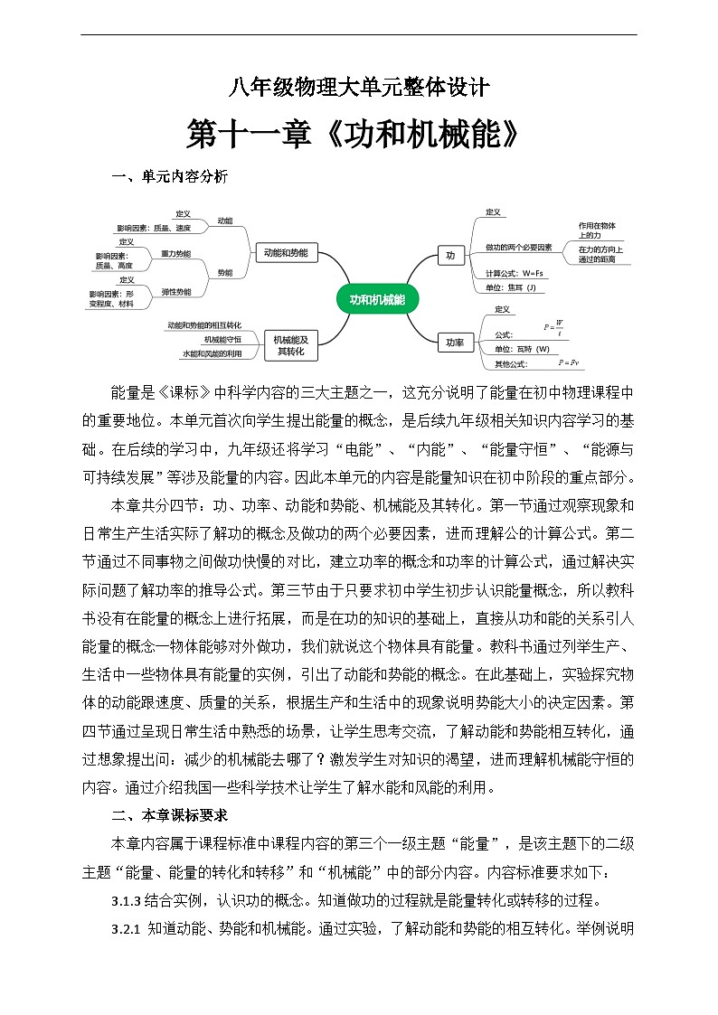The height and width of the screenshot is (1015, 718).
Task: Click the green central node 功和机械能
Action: click(x=377, y=299)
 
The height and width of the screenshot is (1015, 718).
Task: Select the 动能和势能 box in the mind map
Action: click(x=286, y=253)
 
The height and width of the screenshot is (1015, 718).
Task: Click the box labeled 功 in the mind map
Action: click(x=449, y=256)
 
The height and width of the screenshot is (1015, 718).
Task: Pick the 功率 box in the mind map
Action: click(x=454, y=343)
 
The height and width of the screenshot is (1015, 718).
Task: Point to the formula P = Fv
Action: click(x=569, y=362)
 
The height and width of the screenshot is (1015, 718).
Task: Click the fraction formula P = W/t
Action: click(x=553, y=327)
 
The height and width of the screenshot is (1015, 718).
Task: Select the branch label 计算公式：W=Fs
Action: click(x=514, y=273)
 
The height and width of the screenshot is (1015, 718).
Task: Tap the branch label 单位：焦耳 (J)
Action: click(x=510, y=287)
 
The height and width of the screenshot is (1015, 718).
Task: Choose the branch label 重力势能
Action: click(x=175, y=254)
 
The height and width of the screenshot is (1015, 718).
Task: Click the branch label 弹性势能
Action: click(x=175, y=292)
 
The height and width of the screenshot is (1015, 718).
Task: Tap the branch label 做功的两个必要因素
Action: click(x=518, y=246)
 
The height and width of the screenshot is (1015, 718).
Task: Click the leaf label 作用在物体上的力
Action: click(x=597, y=230)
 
